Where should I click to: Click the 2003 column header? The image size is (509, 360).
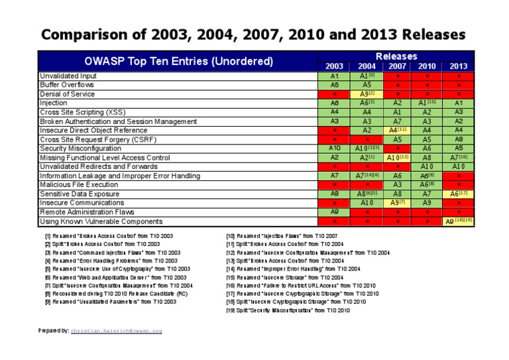335,66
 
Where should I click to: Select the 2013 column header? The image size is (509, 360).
458,66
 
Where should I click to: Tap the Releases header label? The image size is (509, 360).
396,56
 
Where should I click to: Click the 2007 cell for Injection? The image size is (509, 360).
397,103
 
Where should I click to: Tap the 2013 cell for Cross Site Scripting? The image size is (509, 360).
458,113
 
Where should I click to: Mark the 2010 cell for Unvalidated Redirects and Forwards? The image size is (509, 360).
427,167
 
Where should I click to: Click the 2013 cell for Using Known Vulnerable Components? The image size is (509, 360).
458,221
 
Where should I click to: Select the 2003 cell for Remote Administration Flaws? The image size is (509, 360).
335,212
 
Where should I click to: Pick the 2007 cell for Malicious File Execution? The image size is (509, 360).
397,185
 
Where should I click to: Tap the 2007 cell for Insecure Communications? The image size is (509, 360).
397,203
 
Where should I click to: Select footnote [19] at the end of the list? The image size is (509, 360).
288,310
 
